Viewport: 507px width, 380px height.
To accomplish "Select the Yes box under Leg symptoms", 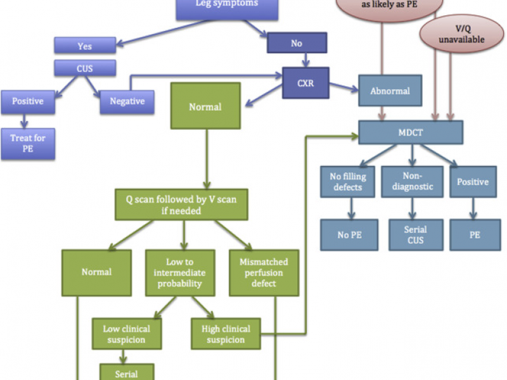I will coord(84,45).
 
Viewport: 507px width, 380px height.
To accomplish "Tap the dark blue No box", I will coord(297,43).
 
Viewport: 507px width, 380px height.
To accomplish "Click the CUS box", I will coord(84,68).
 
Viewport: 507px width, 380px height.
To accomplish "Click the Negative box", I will coord(127,101).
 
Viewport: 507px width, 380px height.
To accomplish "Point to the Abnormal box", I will coord(390,91).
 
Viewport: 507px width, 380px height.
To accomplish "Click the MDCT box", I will coord(411,132).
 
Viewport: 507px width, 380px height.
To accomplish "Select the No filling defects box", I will coord(347,182).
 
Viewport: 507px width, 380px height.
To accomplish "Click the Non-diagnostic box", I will coord(413,182).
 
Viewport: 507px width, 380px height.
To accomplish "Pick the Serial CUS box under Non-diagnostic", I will coord(415,234).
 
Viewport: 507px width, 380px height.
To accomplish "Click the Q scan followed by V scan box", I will coord(181,204).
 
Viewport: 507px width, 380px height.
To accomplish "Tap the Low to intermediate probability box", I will coord(181,272).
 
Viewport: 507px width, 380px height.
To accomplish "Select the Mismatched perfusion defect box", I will coord(263,272).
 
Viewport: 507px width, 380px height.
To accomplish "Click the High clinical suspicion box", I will coord(226,334).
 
